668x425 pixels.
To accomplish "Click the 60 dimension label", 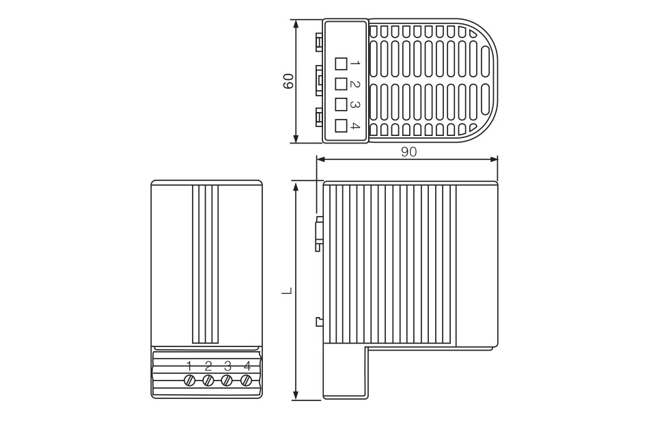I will tap(288, 81).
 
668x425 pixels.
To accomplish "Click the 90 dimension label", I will tap(408, 152).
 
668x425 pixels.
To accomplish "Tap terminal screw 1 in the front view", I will tap(190, 380).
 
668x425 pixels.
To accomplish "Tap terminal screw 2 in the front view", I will tap(209, 380).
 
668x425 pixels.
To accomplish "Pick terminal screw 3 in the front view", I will tap(228, 380).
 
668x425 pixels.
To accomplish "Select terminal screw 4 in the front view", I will tap(247, 380).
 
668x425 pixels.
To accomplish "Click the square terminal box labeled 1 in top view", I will tap(341, 64).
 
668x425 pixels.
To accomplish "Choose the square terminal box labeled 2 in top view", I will tap(341, 84).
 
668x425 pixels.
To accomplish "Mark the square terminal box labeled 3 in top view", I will tap(341, 105).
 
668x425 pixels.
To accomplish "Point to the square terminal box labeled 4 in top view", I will tap(341, 125).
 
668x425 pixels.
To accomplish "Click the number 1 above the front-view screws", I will tap(189, 366).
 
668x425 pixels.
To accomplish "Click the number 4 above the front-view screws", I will tap(247, 366).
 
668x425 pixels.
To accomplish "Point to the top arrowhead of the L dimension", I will tap(296, 186).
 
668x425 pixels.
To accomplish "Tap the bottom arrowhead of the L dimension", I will tap(296, 396).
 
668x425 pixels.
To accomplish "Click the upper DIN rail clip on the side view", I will tap(318, 234).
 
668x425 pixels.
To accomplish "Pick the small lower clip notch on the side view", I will tap(318, 321).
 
